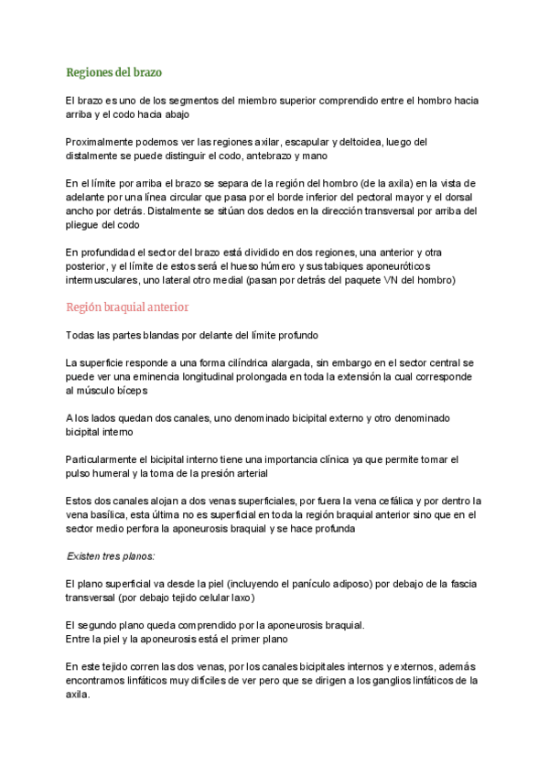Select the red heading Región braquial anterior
coord(127,307)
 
